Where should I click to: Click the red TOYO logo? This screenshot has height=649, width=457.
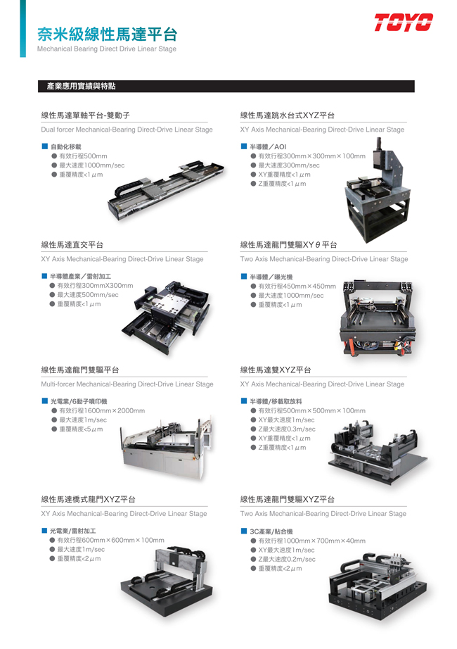click(x=404, y=23)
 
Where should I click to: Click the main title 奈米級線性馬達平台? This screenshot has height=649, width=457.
click(x=107, y=34)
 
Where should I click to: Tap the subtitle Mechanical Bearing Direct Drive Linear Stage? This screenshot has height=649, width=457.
click(x=107, y=49)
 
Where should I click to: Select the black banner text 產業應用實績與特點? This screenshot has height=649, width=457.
click(x=81, y=86)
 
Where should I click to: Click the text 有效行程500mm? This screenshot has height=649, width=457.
click(x=83, y=156)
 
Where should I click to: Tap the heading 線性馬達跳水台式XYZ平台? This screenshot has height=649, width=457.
click(x=288, y=115)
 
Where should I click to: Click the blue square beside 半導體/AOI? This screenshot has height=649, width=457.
click(x=244, y=146)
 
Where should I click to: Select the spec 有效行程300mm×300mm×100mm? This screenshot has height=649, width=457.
click(x=312, y=156)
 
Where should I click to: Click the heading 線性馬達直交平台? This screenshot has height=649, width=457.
click(x=72, y=245)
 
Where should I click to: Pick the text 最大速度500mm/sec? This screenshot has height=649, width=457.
click(x=88, y=295)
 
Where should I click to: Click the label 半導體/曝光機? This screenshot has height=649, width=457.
click(x=271, y=277)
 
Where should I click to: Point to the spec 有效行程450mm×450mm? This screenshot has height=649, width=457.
click(x=297, y=286)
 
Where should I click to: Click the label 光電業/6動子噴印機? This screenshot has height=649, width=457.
click(x=79, y=401)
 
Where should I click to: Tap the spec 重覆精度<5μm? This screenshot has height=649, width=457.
click(x=81, y=429)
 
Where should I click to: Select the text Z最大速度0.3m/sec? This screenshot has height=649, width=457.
click(x=287, y=429)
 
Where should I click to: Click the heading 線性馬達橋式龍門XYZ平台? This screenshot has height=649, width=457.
click(x=88, y=500)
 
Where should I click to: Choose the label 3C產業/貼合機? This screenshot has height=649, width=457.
click(x=271, y=531)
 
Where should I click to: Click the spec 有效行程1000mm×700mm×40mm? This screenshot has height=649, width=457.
click(x=312, y=541)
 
